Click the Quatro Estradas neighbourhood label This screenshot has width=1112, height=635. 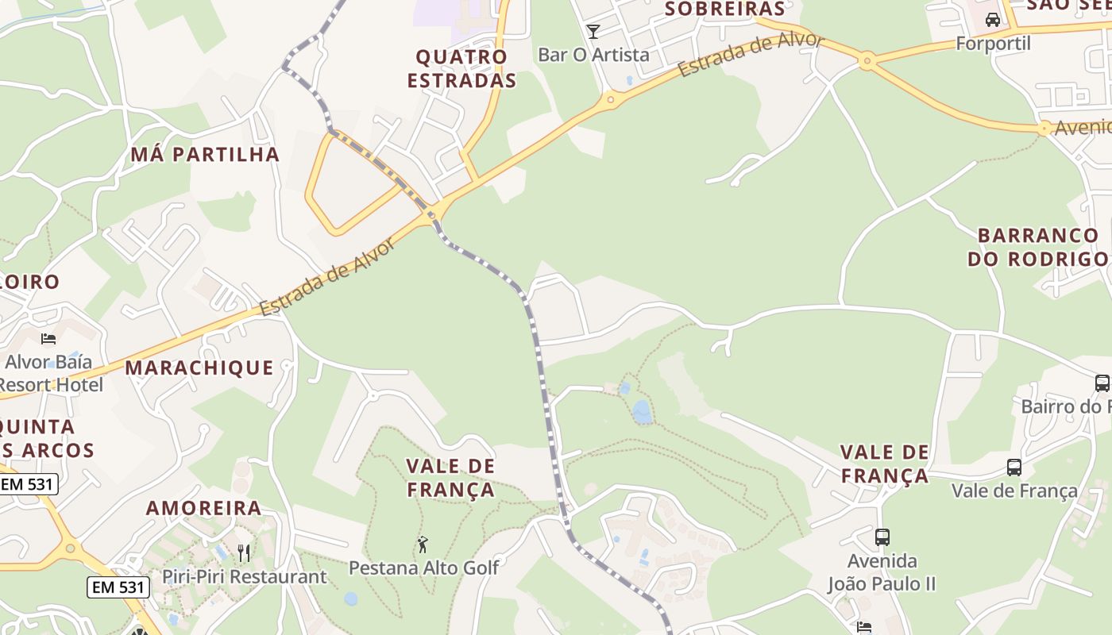[x=461, y=68]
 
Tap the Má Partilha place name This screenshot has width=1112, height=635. [x=205, y=154]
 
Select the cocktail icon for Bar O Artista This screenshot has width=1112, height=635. [x=593, y=32]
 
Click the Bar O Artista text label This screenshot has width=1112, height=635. [x=593, y=55]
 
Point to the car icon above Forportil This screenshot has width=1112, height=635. [x=992, y=20]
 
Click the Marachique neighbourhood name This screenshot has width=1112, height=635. [x=199, y=368]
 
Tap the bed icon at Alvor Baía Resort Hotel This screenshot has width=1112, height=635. [x=48, y=339]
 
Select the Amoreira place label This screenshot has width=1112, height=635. [x=203, y=508]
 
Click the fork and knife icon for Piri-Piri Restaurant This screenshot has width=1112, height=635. [x=244, y=552]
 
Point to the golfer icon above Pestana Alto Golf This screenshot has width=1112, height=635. [x=423, y=545]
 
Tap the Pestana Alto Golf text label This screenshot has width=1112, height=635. [x=424, y=568]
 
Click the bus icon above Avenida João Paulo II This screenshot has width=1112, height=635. [x=882, y=537]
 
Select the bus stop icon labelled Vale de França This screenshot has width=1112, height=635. [x=1014, y=468]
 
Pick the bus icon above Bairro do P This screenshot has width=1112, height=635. [x=1102, y=383]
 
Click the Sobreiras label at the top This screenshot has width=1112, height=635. [x=724, y=9]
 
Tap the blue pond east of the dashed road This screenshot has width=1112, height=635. [x=642, y=411]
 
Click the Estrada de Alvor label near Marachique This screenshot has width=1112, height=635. [x=327, y=278]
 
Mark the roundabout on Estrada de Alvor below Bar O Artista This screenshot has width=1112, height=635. [x=610, y=99]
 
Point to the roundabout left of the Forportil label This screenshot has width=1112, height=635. [x=867, y=60]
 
